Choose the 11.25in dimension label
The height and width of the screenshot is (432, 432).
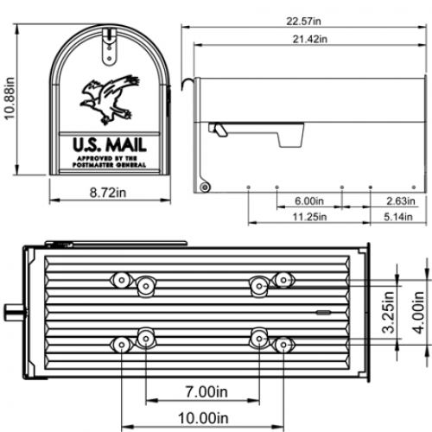tap(308, 217)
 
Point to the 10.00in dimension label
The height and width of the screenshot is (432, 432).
tap(204, 419)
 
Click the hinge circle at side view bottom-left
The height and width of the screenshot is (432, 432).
tap(205, 187)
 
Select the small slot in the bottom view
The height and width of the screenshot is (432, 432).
tap(322, 311)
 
